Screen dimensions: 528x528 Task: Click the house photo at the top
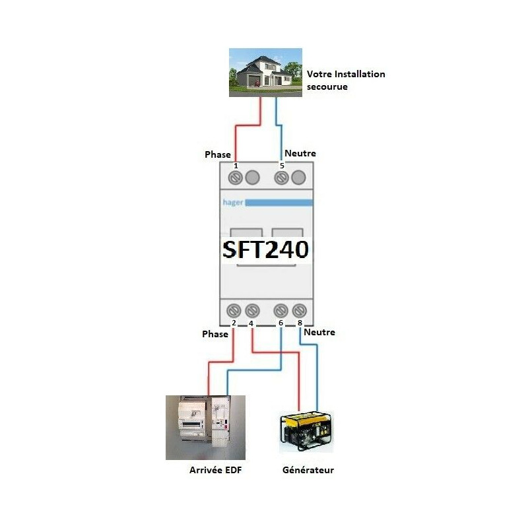pos(265,73)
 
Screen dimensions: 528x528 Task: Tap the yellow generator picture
pos(306,431)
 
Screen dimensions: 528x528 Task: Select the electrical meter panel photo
pos(205,428)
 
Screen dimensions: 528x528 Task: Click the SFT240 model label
pos(265,249)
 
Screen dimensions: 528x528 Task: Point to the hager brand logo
pos(233,203)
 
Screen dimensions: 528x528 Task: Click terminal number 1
pos(236,166)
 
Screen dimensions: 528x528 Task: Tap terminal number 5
pos(282,166)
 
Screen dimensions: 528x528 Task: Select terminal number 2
pos(234,323)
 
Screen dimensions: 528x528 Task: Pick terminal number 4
pos(251,323)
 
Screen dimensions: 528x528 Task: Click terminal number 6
pos(280,323)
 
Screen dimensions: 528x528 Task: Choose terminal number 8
pos(300,323)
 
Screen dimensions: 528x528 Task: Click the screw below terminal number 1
pos(236,178)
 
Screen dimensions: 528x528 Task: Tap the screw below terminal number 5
pos(282,178)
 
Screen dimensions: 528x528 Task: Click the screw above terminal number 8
pos(300,310)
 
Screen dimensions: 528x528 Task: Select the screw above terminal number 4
pos(252,310)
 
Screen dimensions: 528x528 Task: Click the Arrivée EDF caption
pos(216,470)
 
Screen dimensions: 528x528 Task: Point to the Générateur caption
pos(308,470)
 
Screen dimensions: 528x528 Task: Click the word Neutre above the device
pos(300,153)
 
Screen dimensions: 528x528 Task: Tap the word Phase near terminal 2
pos(215,334)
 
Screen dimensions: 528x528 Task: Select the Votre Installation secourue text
pos(346,80)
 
